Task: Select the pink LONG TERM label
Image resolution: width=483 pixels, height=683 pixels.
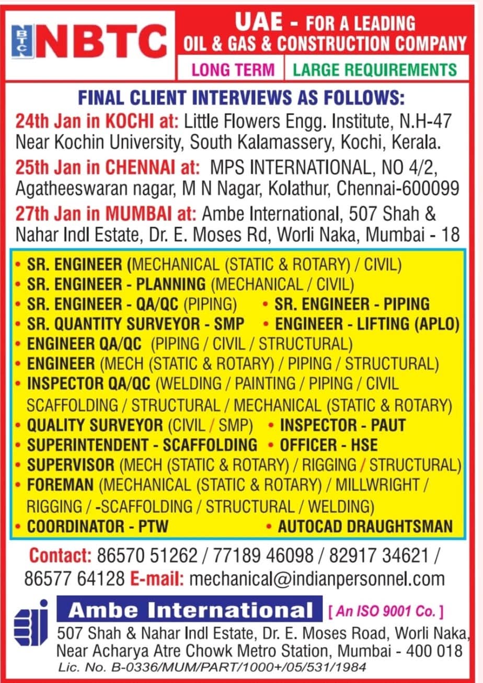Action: point(233,70)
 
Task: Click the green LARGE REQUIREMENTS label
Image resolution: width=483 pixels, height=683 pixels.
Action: point(374,70)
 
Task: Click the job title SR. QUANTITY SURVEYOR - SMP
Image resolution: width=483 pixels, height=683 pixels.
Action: point(135,324)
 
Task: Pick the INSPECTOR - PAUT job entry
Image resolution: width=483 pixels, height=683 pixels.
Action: point(342,425)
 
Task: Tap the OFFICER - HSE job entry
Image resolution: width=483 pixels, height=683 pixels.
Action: point(328,445)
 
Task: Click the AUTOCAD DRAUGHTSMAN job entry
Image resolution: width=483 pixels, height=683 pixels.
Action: point(365,526)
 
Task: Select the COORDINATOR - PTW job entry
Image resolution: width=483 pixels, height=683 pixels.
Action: point(98,526)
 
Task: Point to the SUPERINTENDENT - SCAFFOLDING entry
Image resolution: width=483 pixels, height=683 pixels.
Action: point(142,445)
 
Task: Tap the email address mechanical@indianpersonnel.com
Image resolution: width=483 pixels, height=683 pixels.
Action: point(317,579)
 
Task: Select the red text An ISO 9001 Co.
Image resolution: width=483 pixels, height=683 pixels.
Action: point(386,610)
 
